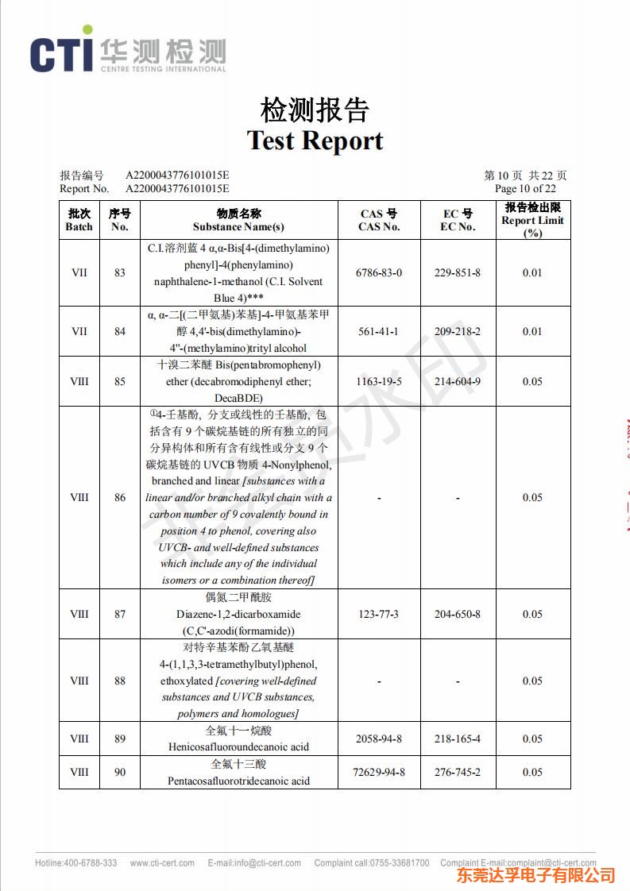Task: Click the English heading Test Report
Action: point(315,141)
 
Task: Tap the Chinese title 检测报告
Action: point(315,110)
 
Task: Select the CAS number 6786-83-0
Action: point(380,272)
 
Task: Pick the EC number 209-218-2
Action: point(457,331)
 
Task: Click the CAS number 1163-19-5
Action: point(380,381)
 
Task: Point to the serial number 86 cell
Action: point(119,498)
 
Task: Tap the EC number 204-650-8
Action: point(457,614)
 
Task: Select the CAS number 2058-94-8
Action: point(380,739)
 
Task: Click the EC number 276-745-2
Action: point(457,772)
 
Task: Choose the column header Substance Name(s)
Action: point(238,227)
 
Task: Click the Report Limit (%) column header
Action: point(532,220)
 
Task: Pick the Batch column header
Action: point(79,220)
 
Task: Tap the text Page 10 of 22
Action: point(525,189)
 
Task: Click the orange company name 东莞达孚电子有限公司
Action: point(535,875)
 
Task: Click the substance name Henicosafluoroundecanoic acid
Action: point(238,746)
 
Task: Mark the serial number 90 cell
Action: point(119,772)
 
